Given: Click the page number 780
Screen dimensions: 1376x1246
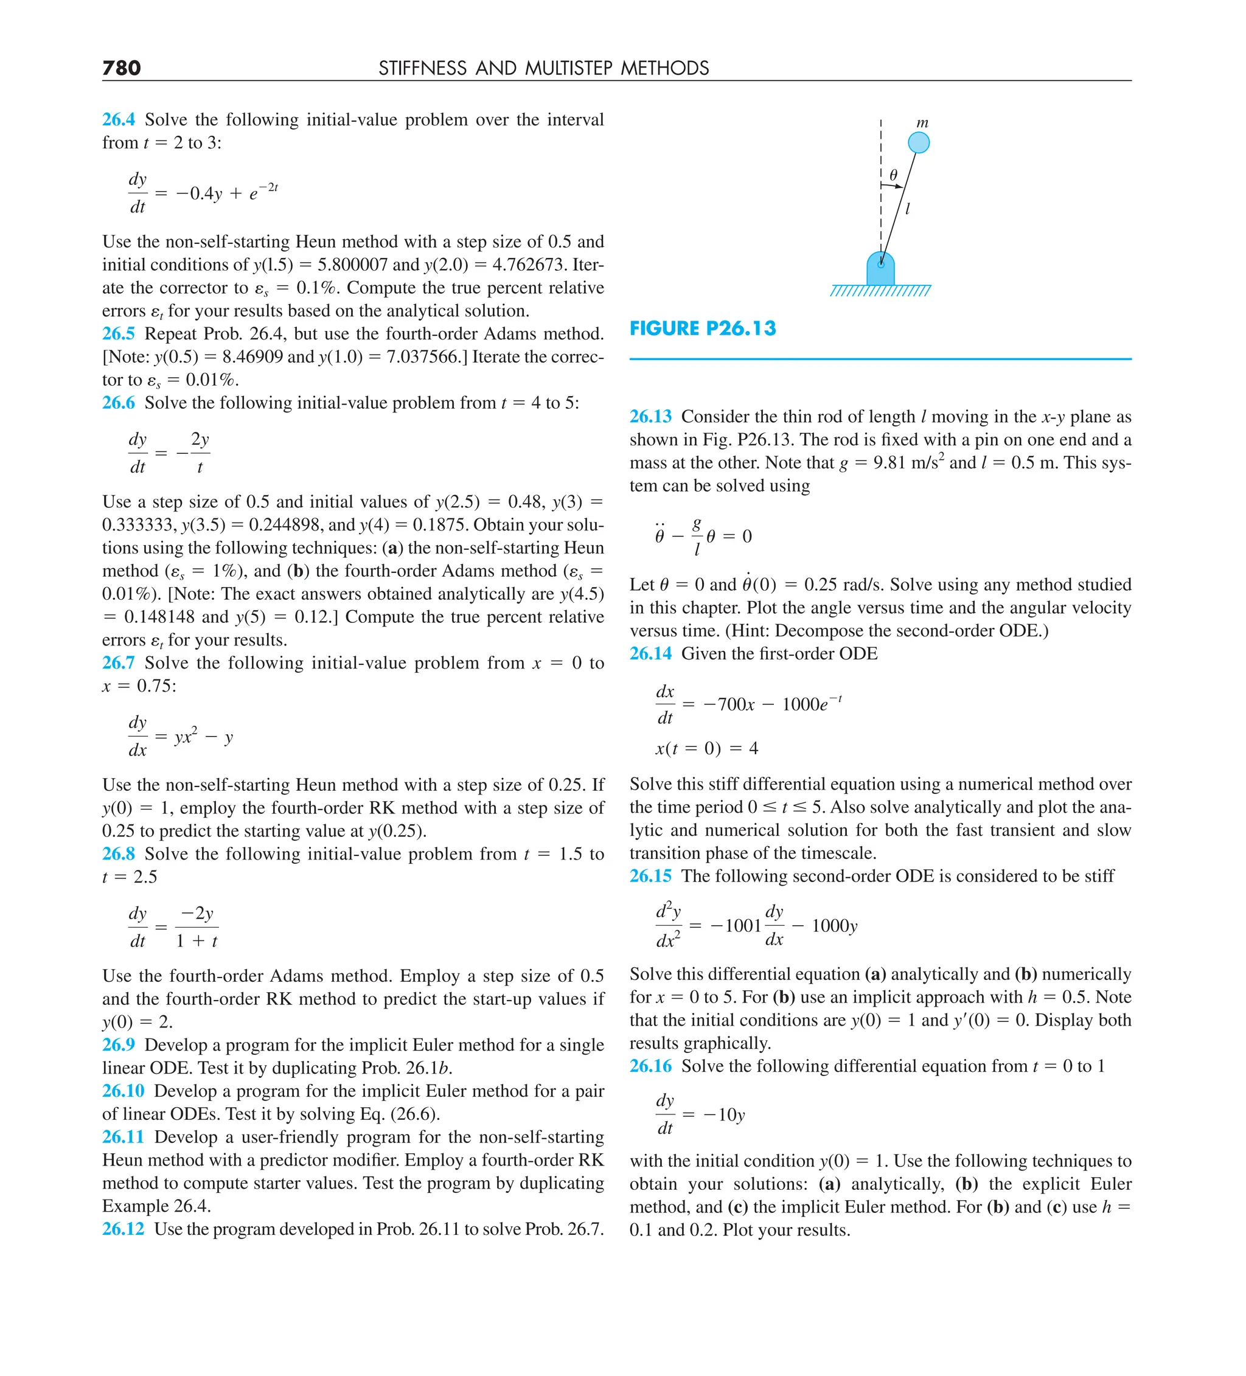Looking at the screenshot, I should point(122,68).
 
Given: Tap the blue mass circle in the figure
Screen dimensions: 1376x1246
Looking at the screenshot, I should point(918,143).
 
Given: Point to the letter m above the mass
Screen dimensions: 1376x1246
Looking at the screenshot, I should point(922,123).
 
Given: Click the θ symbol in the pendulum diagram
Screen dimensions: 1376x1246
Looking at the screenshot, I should point(893,175).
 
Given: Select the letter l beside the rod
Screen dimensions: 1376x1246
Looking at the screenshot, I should point(907,209).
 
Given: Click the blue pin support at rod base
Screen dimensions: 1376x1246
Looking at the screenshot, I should point(880,269).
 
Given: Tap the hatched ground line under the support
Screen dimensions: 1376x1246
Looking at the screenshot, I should point(880,291).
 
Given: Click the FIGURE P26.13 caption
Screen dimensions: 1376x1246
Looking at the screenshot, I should point(703,328).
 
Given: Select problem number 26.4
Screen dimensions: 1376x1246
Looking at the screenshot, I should point(118,119).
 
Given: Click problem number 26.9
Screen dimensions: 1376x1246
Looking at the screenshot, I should point(118,1045).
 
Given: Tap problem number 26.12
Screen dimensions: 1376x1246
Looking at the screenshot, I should point(123,1229).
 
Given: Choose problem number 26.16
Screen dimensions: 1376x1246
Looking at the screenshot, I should point(650,1066).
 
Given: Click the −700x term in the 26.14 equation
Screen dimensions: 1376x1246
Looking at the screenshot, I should point(728,704).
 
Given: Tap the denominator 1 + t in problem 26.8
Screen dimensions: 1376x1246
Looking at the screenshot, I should point(197,941).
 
